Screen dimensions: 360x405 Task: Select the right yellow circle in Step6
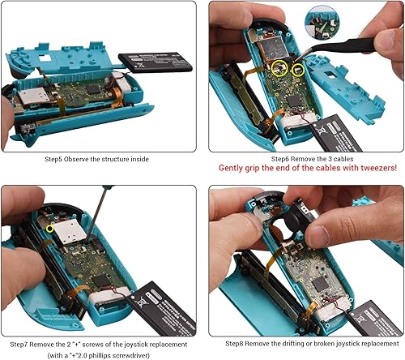(x=301, y=72)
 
